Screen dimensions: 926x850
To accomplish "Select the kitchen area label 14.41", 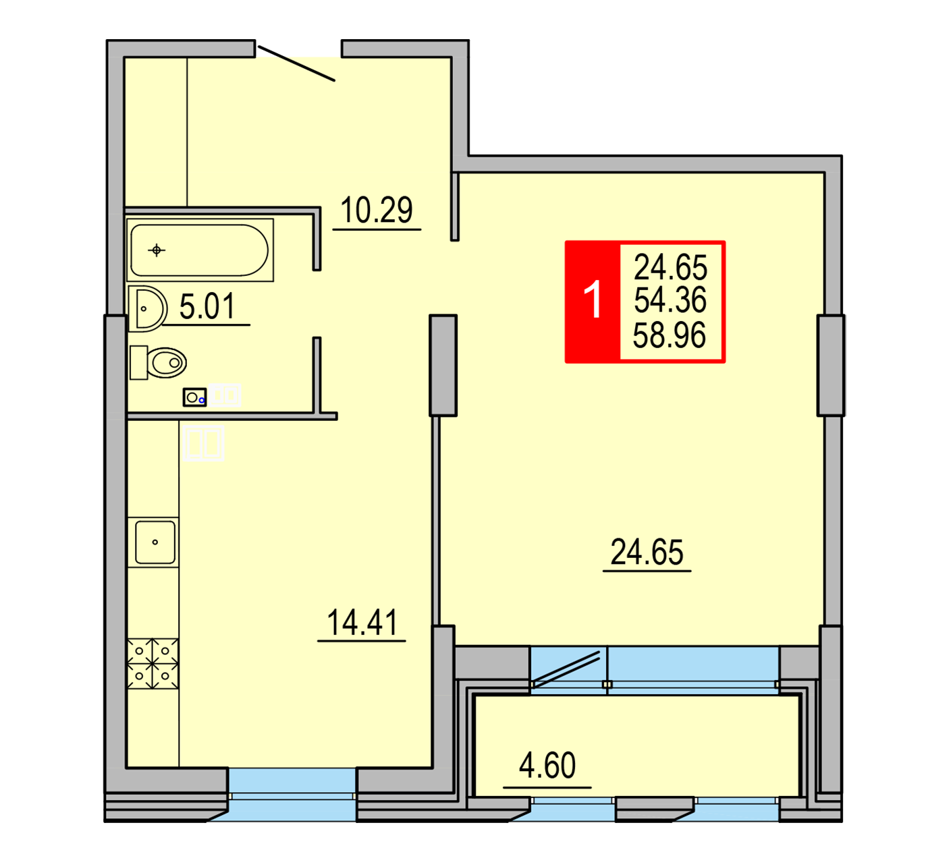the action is point(362,623).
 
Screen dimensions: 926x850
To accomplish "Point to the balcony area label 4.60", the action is point(547,764).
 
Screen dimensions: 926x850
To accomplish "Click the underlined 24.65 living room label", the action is point(647,552).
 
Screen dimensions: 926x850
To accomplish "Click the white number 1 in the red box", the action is point(593,300).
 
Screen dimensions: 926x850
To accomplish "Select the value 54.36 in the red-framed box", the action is point(670,300).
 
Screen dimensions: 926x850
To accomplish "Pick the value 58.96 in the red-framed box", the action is point(670,335).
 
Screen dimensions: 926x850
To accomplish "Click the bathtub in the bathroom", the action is point(200,250).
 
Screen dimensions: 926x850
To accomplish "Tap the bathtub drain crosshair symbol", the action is point(157,250).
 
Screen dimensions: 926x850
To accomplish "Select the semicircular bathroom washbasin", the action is point(147,309).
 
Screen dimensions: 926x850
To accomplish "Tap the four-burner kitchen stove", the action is point(153,664).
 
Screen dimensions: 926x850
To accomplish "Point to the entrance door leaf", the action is point(296,63).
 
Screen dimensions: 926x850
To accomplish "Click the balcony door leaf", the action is point(566,670).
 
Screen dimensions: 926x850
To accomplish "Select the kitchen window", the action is point(293,795).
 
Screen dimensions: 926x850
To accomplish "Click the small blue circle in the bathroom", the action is point(201,401).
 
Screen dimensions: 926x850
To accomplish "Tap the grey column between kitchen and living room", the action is point(443,366).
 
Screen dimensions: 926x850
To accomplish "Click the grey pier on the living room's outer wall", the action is point(831,366).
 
